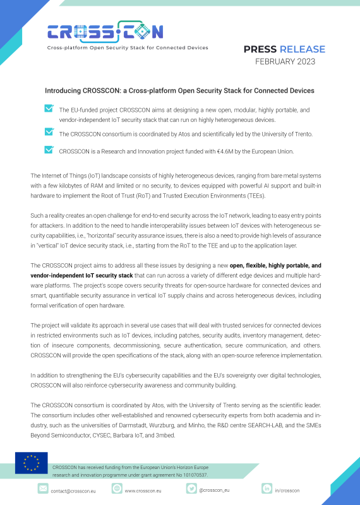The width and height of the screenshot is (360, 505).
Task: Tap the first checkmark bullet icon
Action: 49,109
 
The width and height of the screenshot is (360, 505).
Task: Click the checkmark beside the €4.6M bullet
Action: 49,150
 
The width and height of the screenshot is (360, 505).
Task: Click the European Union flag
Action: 32,463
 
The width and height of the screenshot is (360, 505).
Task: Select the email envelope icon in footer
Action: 43,489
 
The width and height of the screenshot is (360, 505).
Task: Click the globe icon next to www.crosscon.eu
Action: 117,489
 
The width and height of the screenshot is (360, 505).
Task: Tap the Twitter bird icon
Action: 190,489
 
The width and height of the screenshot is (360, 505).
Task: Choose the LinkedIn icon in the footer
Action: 267,489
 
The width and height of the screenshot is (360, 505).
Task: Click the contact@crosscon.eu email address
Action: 72,490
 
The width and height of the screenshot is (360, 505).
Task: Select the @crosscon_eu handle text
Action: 214,489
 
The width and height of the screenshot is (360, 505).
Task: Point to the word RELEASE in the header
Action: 303,49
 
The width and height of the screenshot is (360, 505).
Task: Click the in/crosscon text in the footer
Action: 289,490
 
